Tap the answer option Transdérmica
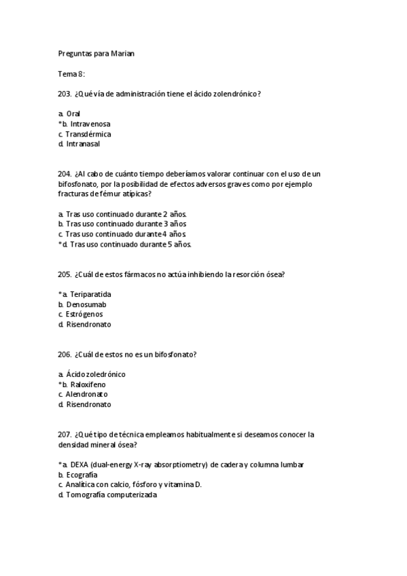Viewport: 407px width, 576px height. pyautogui.click(x=88, y=134)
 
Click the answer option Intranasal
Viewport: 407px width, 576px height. pyautogui.click(x=84, y=144)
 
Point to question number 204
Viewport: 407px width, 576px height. pyautogui.click(x=65, y=174)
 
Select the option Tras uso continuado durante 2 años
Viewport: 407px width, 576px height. pyautogui.click(x=126, y=214)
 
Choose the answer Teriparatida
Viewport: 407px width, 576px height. pyautogui.click(x=90, y=294)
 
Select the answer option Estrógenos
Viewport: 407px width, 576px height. pyautogui.click(x=84, y=314)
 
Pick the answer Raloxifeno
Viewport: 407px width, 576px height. pyautogui.click(x=88, y=384)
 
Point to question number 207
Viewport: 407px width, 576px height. pyautogui.click(x=65, y=434)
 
